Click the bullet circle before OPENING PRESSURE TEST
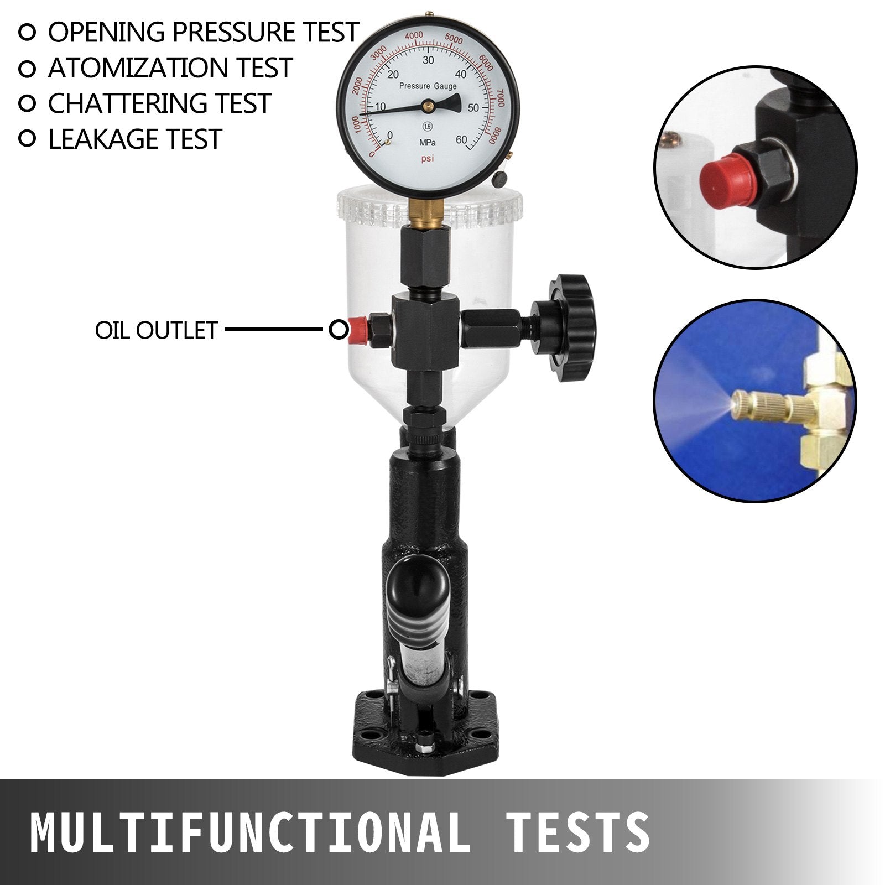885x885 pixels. click(x=27, y=32)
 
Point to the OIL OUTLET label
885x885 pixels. click(x=156, y=330)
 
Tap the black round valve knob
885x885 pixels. click(x=570, y=327)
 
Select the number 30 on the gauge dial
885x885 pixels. click(x=428, y=60)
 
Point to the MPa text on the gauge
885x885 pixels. click(x=427, y=143)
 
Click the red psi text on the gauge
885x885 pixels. click(x=428, y=159)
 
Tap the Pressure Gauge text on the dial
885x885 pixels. click(x=428, y=86)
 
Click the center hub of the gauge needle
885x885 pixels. click(x=428, y=105)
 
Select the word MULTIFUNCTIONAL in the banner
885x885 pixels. click(x=249, y=832)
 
